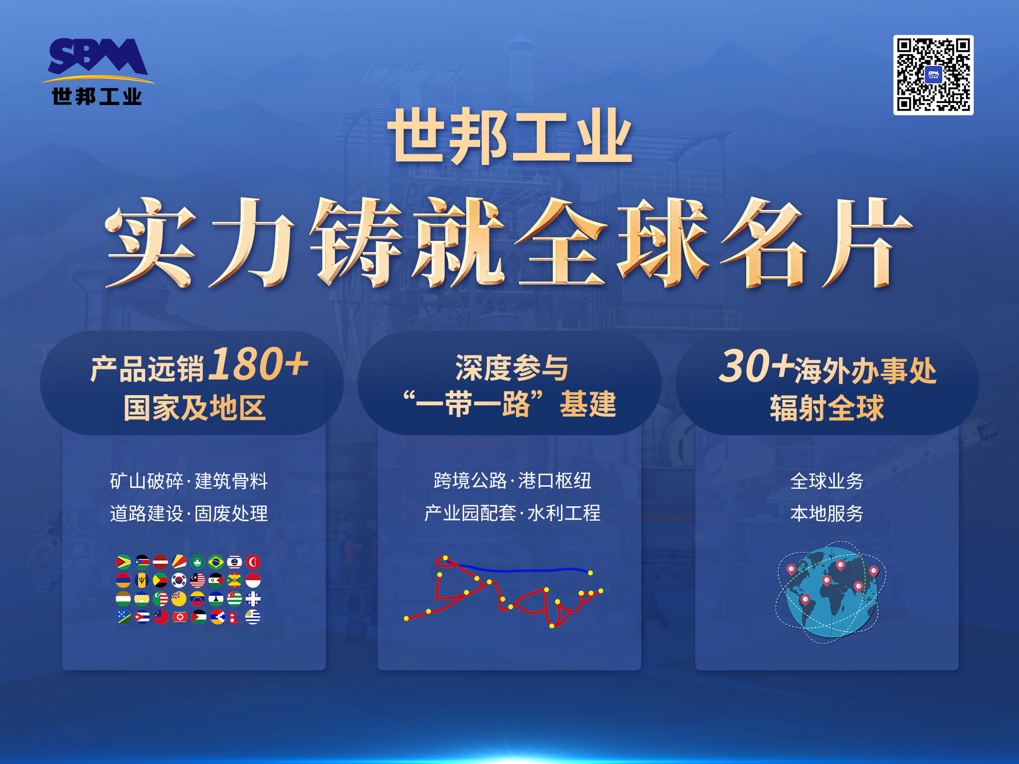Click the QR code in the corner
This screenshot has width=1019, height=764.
933,75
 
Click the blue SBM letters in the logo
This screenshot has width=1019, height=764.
98,56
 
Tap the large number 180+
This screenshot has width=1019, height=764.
260,364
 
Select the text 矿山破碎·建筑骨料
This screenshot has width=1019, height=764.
189,481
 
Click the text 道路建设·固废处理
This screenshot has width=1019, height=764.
189,513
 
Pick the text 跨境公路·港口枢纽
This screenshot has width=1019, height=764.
512,481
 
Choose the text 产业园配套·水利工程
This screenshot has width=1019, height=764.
512,513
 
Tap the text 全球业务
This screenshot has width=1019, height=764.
827,481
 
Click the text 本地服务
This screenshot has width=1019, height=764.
827,513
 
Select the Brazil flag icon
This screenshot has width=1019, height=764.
216,562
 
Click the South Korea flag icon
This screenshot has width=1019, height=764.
179,580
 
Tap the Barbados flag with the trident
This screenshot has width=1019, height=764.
142,580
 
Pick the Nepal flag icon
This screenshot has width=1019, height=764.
235,617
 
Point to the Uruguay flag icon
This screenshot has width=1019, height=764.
253,617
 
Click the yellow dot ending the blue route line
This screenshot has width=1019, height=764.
590,573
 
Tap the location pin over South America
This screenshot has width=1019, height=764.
805,600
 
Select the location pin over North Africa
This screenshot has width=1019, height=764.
827,581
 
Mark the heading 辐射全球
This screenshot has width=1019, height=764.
827,408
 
